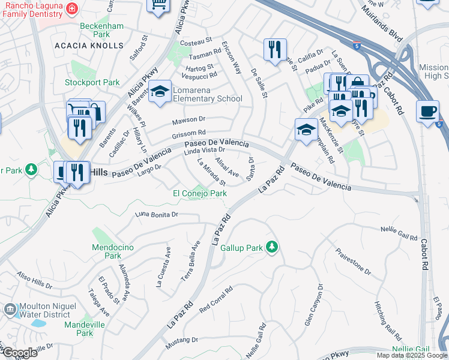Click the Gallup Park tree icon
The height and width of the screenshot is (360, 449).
coord(272,247)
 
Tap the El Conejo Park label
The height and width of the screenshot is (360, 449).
coord(200,194)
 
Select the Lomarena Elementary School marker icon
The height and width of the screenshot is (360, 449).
coord(160,91)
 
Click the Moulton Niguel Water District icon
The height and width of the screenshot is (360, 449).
coord(10,310)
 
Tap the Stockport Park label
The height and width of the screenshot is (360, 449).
coord(93,82)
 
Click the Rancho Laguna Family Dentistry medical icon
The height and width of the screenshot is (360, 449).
coord(71,8)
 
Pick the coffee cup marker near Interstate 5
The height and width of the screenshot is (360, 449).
coord(427,112)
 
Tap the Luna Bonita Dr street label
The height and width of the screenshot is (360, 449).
coord(158,214)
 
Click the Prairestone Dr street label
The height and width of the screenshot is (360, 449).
coord(353,262)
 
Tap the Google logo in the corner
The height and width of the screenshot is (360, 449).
coord(19,353)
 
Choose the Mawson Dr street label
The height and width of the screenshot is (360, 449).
coord(188,119)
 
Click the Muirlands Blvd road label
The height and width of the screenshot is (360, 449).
coord(380,23)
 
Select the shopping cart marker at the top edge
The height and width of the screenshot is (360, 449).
coord(159,5)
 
